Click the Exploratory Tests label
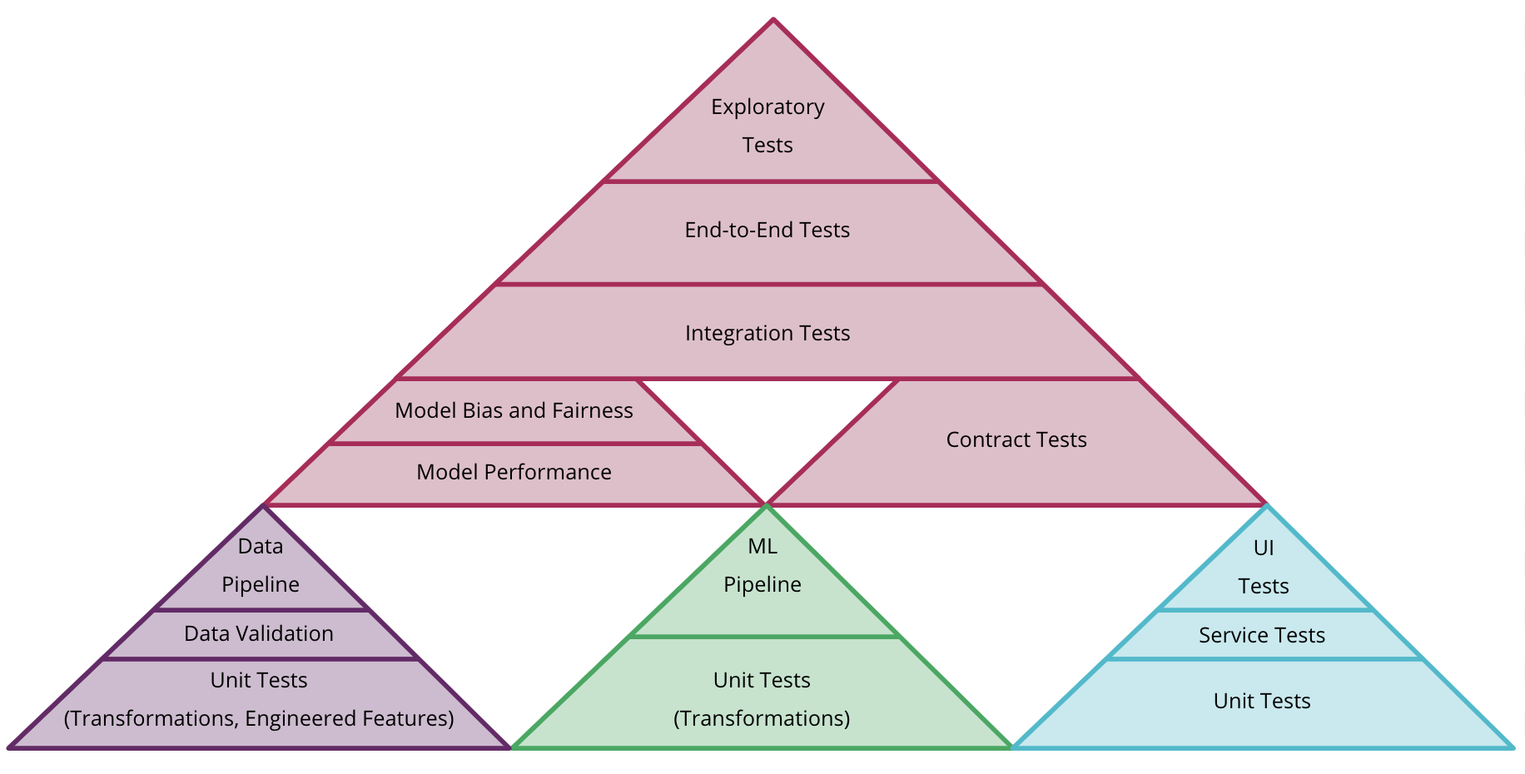point(767,126)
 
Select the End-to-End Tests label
point(767,231)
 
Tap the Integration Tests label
point(767,334)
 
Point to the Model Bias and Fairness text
point(514,411)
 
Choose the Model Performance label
point(514,473)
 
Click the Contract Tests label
point(1016,440)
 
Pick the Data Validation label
point(259,634)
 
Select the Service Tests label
point(1262,636)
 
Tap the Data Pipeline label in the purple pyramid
point(261,566)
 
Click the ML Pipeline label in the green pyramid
point(762,566)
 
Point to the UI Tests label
point(1264,568)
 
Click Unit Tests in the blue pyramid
point(1262,702)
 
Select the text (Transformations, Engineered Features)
point(259,719)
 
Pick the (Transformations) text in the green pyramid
point(762,719)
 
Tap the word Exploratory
point(767,107)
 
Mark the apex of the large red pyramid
point(773,20)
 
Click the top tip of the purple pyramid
point(262,507)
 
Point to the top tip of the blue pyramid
point(1265,506)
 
